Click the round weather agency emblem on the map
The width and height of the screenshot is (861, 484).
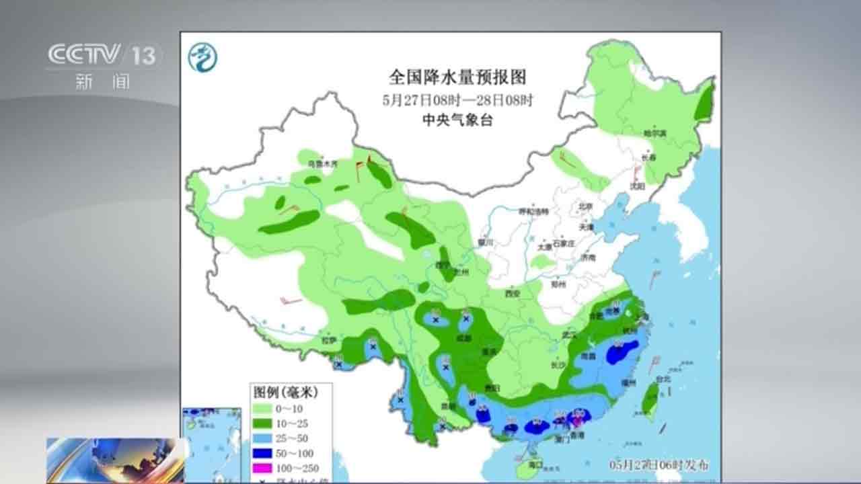(202, 57)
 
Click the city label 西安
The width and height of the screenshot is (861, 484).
(513, 293)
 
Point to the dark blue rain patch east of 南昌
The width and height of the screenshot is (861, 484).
(622, 352)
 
